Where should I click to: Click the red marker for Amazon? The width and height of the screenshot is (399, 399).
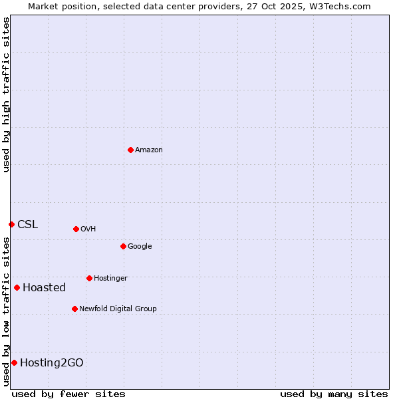pos(130,150)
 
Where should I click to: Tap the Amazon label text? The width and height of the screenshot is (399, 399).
pos(149,150)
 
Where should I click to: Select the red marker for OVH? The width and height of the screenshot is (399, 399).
pos(76,229)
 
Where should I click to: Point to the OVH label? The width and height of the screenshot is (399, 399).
pos(88,229)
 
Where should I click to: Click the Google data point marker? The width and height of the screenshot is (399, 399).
pos(123,246)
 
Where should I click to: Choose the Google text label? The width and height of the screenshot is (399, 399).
pos(140,247)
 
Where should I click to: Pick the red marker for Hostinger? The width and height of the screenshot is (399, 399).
pos(89,278)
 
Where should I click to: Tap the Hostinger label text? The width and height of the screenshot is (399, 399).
pos(110,278)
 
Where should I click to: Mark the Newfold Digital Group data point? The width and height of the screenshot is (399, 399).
pos(74,309)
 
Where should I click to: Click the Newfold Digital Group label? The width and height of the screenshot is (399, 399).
pos(118,309)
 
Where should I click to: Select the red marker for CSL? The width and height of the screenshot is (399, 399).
pos(11,224)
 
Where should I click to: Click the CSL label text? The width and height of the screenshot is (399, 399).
pos(28,225)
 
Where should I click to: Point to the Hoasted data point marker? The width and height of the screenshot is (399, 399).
pos(17,287)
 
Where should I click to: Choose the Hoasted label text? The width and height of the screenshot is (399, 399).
pos(44,288)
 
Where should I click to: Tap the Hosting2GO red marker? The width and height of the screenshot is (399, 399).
pos(14,362)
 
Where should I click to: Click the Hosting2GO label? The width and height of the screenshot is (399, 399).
pos(52,363)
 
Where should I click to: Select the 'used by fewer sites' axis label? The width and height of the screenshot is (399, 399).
pos(68,394)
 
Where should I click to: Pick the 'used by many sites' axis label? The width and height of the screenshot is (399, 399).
pos(334,394)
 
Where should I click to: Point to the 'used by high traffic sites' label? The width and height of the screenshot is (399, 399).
pos(6,94)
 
